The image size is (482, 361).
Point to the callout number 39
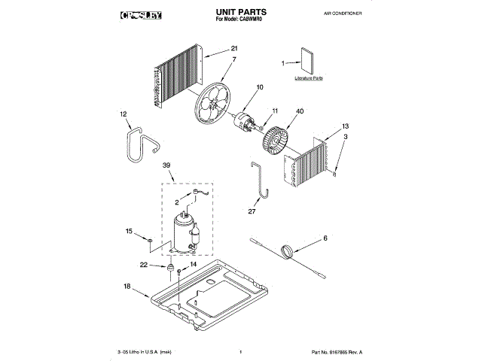point(167,167)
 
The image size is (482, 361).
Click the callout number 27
point(252,211)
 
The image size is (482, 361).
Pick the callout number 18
point(127,286)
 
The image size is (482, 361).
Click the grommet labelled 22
point(171,267)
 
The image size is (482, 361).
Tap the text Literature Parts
point(307,78)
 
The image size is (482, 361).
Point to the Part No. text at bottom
point(337,352)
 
